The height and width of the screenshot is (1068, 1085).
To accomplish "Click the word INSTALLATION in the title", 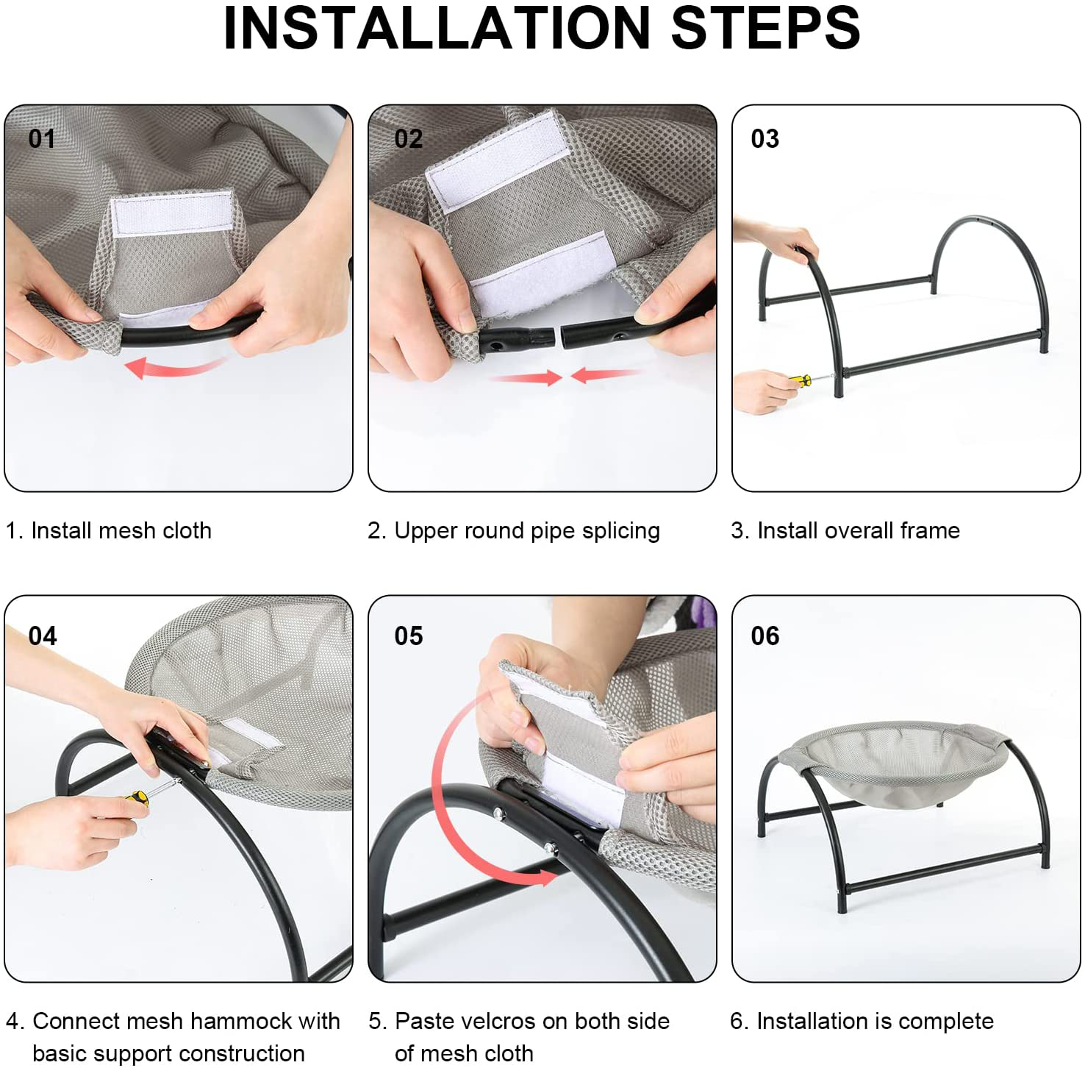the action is pos(437,28).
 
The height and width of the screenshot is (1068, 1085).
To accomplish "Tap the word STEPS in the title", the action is pos(765,28).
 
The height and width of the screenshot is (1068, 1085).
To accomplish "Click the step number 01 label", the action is pos(42,138).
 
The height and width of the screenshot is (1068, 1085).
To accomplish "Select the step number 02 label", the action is pos(408,138).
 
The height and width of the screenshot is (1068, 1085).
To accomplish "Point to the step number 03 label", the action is pos(764,138).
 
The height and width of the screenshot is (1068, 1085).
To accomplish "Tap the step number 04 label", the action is pos(43,636).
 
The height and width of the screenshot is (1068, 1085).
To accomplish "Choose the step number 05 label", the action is pos(408,636).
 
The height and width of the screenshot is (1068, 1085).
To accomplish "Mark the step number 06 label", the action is pos(764,636).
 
